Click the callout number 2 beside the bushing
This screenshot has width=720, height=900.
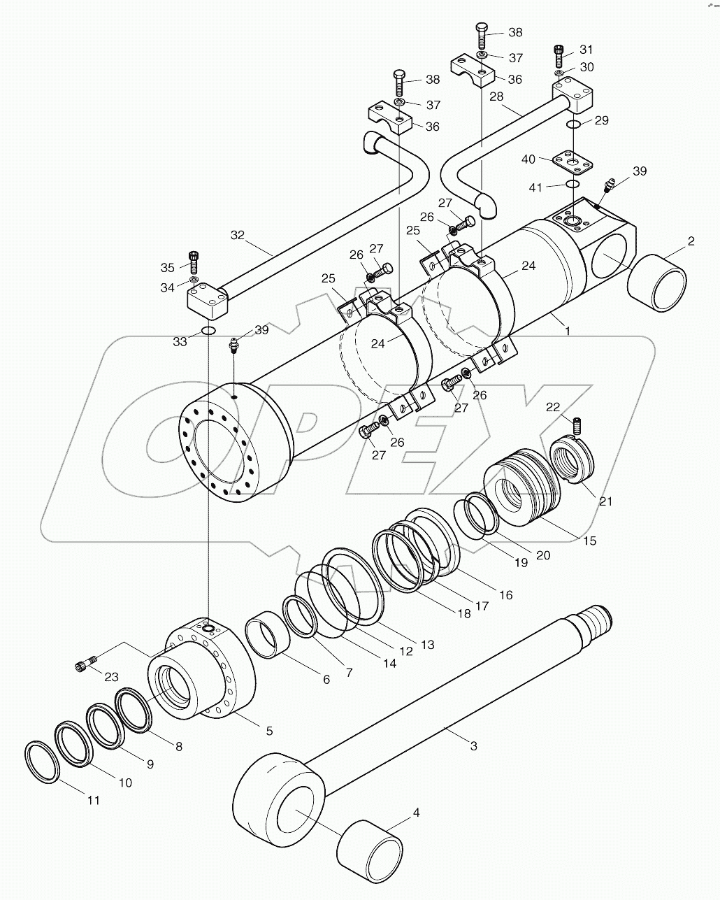click(x=691, y=241)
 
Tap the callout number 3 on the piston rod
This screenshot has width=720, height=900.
click(x=473, y=746)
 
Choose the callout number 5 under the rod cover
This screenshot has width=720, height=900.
click(x=268, y=731)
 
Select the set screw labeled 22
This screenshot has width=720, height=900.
click(x=577, y=424)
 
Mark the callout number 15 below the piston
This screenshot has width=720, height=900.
click(x=590, y=541)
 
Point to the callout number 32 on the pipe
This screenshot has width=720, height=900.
click(x=238, y=235)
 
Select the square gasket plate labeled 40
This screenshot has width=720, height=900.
click(x=573, y=162)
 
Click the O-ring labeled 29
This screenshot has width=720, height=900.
click(x=573, y=124)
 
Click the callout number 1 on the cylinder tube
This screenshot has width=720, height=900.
click(x=568, y=331)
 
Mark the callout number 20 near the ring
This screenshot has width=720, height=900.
click(x=542, y=555)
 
